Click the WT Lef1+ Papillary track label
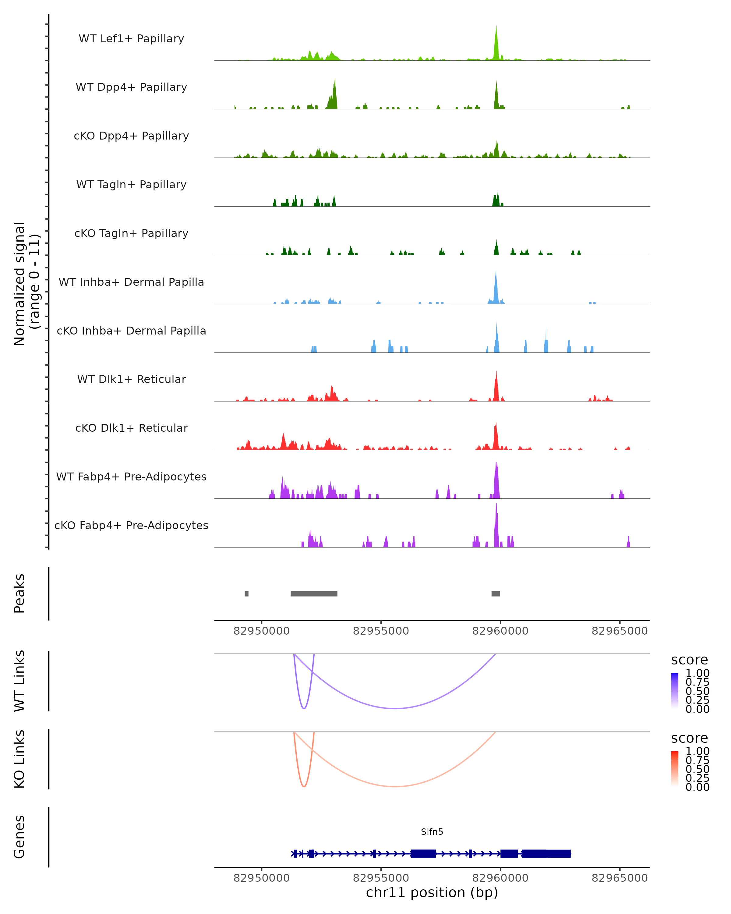point(131,39)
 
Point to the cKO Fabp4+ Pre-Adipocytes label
point(131,525)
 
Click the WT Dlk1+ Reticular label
point(131,379)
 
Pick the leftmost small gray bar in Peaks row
point(247,593)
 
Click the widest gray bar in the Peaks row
point(314,593)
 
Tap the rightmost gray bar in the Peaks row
point(496,593)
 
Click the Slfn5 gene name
point(432,831)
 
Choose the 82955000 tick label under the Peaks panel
point(381,631)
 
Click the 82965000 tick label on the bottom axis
point(620,878)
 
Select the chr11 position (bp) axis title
point(432,892)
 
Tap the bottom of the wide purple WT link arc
point(395,708)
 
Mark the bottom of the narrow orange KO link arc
point(304,786)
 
